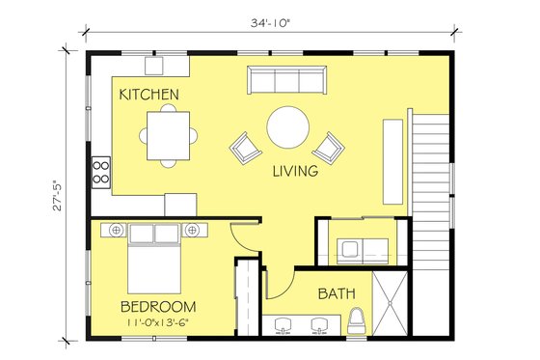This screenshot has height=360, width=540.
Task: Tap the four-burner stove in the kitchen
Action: click(99, 172)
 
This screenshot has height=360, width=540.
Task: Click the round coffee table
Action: click(288, 126)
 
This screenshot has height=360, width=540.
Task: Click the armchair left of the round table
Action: click(245, 148)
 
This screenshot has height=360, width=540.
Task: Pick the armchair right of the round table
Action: click(329, 147)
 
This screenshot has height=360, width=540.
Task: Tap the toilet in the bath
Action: click(356, 319)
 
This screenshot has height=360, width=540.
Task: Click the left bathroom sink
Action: click(283, 326)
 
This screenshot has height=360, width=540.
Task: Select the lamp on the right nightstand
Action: click(192, 230)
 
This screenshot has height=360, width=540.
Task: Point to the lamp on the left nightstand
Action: click(115, 230)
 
